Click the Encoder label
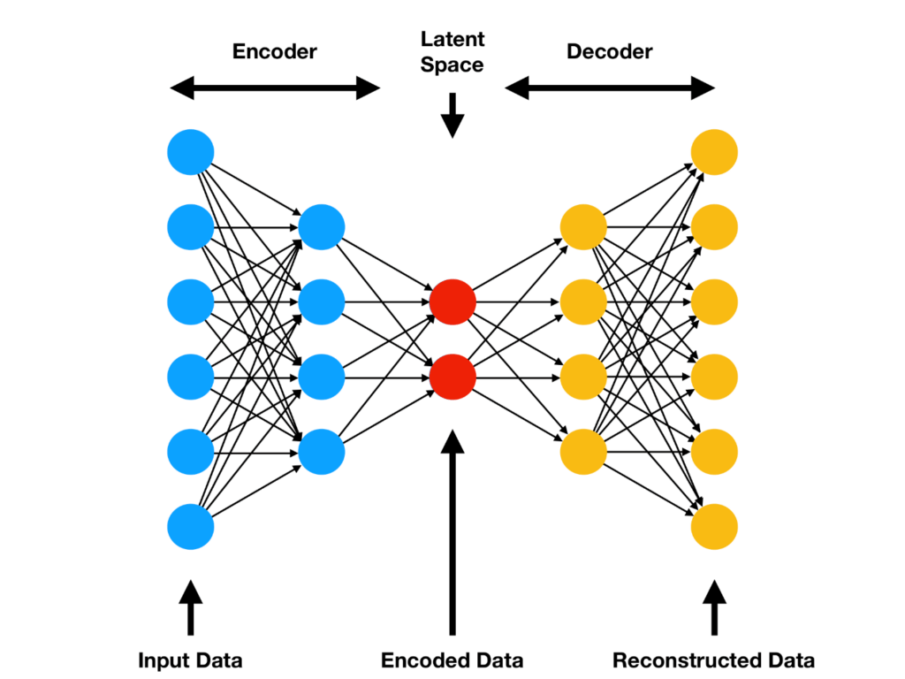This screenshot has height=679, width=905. click(274, 51)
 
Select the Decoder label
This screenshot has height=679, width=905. click(609, 51)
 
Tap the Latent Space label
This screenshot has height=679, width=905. click(452, 51)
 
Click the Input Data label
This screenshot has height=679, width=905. click(190, 660)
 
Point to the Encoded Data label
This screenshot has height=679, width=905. click(452, 660)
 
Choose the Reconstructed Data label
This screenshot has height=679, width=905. click(713, 660)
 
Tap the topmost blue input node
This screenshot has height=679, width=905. click(190, 152)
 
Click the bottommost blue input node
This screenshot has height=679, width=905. click(190, 527)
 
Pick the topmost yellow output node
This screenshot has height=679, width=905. click(714, 152)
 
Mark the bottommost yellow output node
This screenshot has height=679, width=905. click(714, 527)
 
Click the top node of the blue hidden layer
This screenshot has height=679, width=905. click(322, 227)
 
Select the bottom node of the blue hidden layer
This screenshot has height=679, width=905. click(322, 452)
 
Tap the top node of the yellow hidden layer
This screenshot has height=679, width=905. click(583, 227)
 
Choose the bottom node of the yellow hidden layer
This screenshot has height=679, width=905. click(583, 452)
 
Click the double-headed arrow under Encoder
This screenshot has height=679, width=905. click(274, 88)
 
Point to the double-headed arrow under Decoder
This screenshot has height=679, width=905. click(609, 88)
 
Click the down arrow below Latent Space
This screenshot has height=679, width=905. click(452, 115)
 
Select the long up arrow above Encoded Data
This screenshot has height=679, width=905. click(452, 530)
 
